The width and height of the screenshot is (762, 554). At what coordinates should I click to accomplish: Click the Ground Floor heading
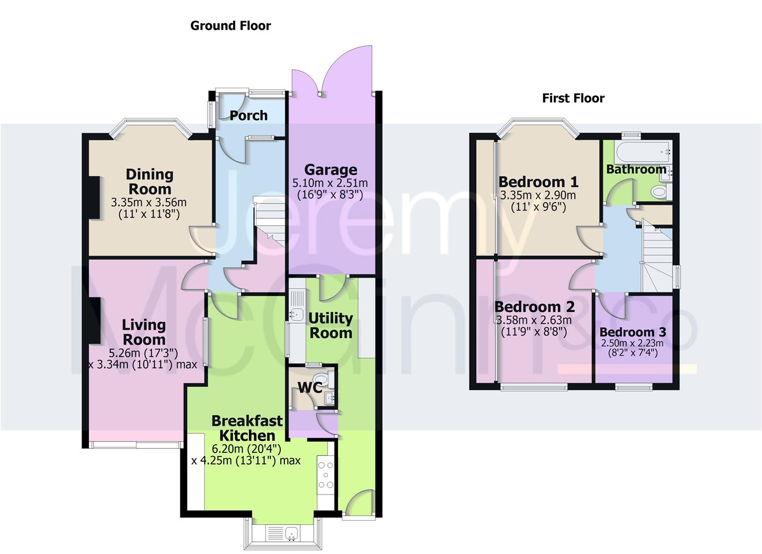pyautogui.click(x=230, y=26)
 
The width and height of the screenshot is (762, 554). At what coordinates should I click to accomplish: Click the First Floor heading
pyautogui.click(x=573, y=98)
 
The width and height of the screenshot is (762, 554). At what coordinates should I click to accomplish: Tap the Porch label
pyautogui.click(x=248, y=115)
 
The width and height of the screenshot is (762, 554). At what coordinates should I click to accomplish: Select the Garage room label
pyautogui.click(x=330, y=170)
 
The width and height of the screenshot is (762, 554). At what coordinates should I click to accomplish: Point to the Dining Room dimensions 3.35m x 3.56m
pyautogui.click(x=149, y=202)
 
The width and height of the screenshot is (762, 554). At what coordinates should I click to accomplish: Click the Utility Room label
pyautogui.click(x=330, y=325)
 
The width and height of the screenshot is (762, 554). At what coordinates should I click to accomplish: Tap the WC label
pyautogui.click(x=310, y=387)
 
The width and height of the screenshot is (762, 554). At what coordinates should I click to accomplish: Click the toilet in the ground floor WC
pyautogui.click(x=322, y=379)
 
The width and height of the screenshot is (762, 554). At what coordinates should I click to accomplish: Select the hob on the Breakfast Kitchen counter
pyautogui.click(x=325, y=475)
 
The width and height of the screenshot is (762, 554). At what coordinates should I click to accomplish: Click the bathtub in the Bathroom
pyautogui.click(x=642, y=152)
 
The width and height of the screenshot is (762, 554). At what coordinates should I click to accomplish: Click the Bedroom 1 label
pyautogui.click(x=538, y=182)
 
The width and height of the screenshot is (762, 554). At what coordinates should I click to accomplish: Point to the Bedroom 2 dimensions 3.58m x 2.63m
pyautogui.click(x=534, y=320)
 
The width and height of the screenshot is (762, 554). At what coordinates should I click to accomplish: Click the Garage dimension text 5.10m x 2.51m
pyautogui.click(x=330, y=183)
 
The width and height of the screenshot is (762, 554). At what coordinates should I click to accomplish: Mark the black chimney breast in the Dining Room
pyautogui.click(x=94, y=198)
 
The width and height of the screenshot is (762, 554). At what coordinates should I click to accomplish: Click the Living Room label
pyautogui.click(x=144, y=332)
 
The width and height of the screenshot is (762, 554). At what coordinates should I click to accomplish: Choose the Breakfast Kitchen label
pyautogui.click(x=247, y=428)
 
